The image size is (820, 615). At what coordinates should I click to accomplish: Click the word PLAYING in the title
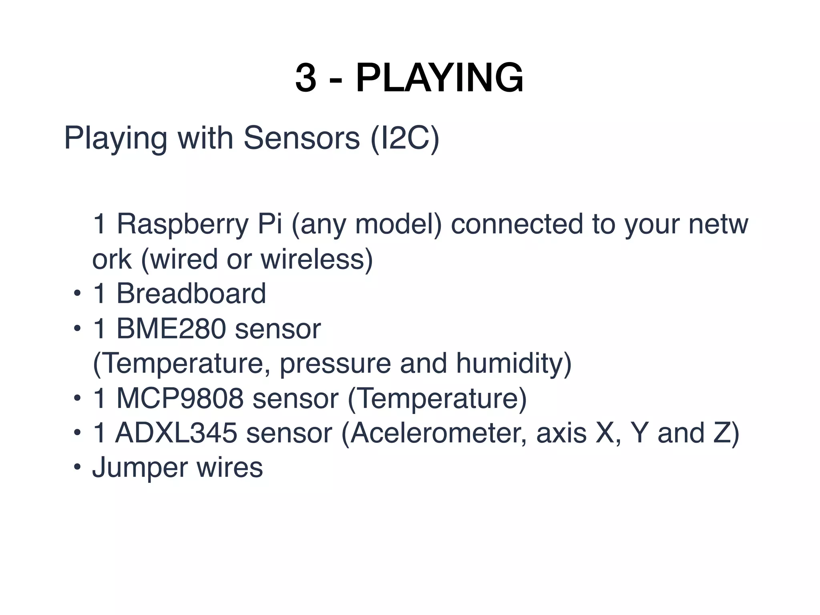click(439, 78)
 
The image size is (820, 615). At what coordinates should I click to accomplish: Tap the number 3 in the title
click(305, 78)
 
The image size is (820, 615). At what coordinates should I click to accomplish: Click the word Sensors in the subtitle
click(301, 138)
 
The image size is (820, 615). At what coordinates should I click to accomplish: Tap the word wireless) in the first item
click(317, 259)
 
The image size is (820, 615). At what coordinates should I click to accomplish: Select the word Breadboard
click(191, 293)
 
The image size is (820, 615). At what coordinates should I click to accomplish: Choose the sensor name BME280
click(171, 329)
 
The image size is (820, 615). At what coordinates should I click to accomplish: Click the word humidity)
click(514, 364)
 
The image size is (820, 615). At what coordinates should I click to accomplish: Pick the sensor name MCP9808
click(180, 398)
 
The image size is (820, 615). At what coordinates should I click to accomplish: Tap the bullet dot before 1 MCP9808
click(77, 399)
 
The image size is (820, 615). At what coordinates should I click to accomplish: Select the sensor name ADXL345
click(176, 433)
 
